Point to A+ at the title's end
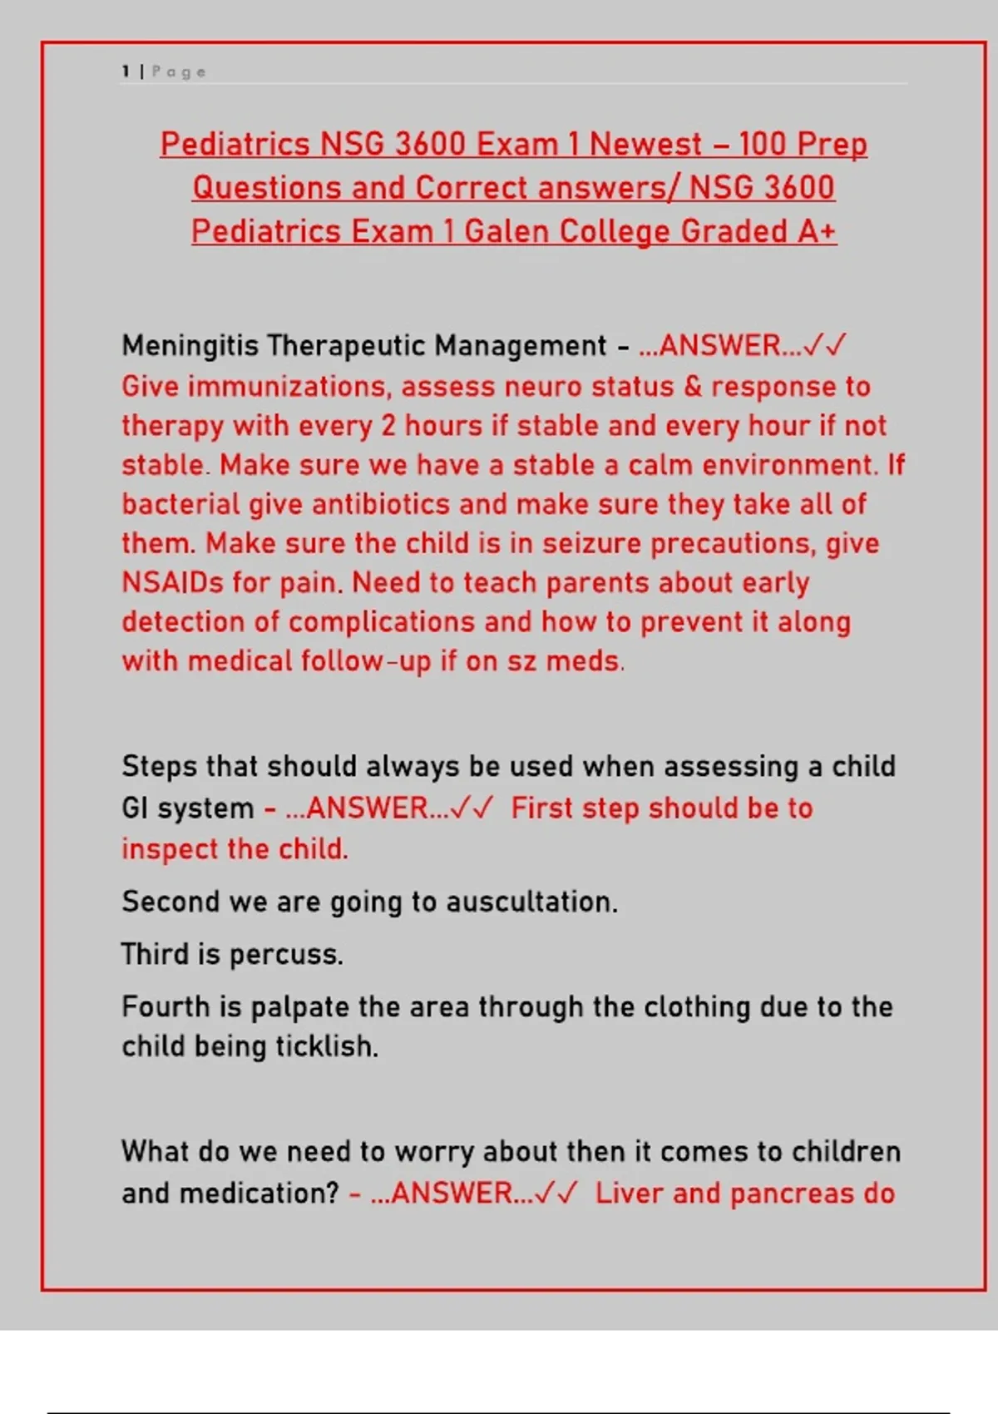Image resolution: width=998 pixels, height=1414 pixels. [816, 231]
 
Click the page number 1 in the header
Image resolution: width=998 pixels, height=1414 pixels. [126, 72]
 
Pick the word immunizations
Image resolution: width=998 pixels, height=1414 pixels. [288, 387]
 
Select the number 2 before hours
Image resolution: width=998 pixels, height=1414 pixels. [388, 426]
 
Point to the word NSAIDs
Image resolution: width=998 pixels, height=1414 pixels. [172, 582]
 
